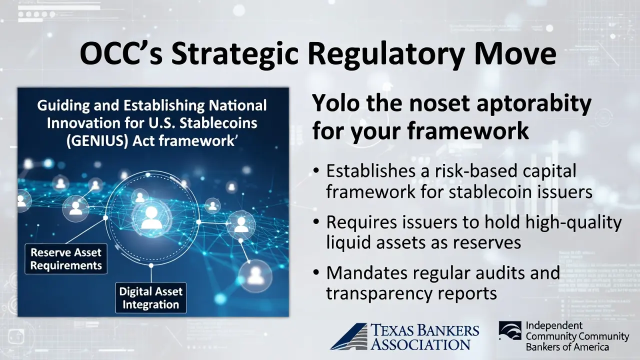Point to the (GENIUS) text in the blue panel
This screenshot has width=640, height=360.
click(x=97, y=141)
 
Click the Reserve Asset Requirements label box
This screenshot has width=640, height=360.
click(x=66, y=259)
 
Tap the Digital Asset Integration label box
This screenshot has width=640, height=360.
click(x=151, y=298)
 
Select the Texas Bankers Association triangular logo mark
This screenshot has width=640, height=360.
click(x=349, y=336)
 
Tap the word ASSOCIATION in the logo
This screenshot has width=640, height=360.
click(x=420, y=344)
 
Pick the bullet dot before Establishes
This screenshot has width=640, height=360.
click(x=315, y=171)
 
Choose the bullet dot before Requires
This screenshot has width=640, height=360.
click(x=315, y=222)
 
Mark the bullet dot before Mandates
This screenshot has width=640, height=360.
click(x=315, y=272)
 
